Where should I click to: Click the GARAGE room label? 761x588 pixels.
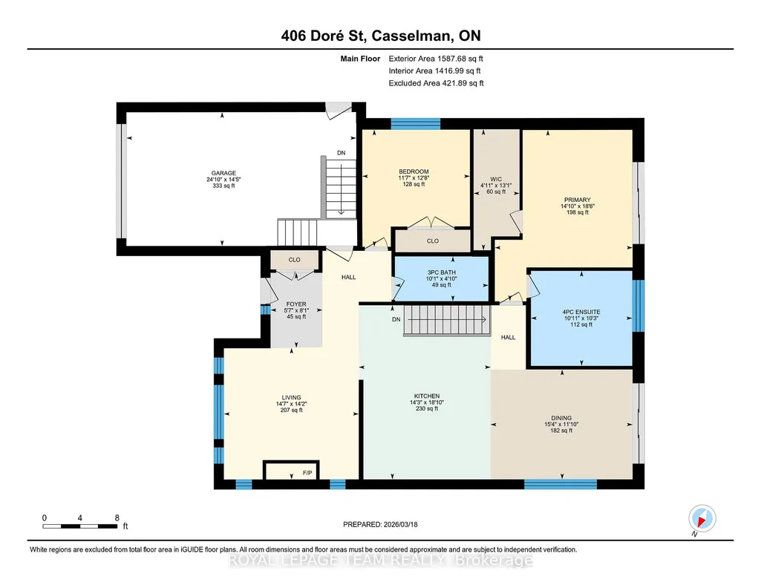(223, 173)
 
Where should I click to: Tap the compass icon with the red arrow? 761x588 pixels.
(702, 519)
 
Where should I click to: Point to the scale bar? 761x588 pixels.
(80, 526)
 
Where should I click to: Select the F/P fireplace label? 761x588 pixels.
(307, 472)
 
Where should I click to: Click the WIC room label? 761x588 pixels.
(496, 179)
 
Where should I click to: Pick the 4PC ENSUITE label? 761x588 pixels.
(581, 312)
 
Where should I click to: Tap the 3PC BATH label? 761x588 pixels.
(441, 272)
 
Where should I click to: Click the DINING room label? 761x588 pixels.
(561, 418)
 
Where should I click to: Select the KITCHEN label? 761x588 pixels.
(427, 396)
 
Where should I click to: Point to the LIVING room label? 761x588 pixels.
(291, 397)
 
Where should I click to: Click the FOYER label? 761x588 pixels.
(296, 304)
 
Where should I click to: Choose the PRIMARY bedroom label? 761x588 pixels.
(578, 200)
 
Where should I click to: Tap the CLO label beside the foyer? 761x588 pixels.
(295, 260)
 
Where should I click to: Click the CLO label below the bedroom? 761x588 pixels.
(433, 241)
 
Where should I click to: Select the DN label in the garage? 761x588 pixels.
(342, 153)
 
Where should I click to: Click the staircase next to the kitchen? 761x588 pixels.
(446, 320)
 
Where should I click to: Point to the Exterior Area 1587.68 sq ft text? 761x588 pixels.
(436, 59)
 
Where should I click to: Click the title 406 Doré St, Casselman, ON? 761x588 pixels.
(381, 36)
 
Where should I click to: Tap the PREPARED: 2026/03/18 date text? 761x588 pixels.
(380, 524)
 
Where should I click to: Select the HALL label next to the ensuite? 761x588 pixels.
(508, 337)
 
